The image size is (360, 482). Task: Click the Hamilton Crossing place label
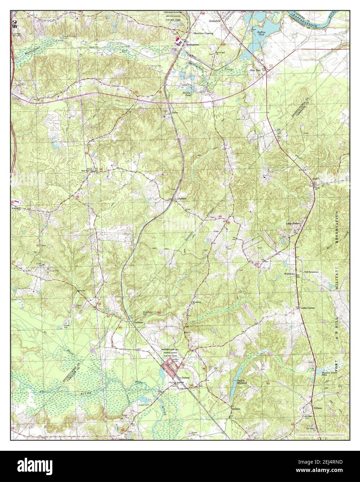coord(203,33)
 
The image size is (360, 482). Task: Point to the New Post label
coord(255,70)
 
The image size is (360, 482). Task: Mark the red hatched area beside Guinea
coord(169,367)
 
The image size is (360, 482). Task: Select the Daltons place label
coord(236,408)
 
